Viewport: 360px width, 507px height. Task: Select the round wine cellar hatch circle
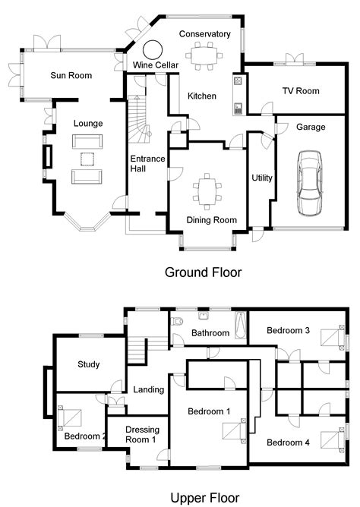pos(153,49)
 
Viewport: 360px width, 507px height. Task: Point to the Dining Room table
pos(205,189)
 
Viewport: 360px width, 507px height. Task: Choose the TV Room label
pos(301,91)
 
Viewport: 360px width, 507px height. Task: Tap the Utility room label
pos(262,178)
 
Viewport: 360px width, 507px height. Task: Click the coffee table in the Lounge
pos(87,159)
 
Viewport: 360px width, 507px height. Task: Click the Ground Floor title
pos(204,272)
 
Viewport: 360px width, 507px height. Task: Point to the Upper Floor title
pos(204,498)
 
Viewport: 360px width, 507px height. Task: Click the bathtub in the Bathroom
pos(241,326)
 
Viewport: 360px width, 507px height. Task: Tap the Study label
pos(89,364)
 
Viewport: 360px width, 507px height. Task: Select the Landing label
pos(148,390)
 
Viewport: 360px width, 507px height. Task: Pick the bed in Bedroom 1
pos(232,431)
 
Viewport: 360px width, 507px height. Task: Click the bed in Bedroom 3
pos(330,337)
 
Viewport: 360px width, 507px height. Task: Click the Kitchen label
pos(203,96)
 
